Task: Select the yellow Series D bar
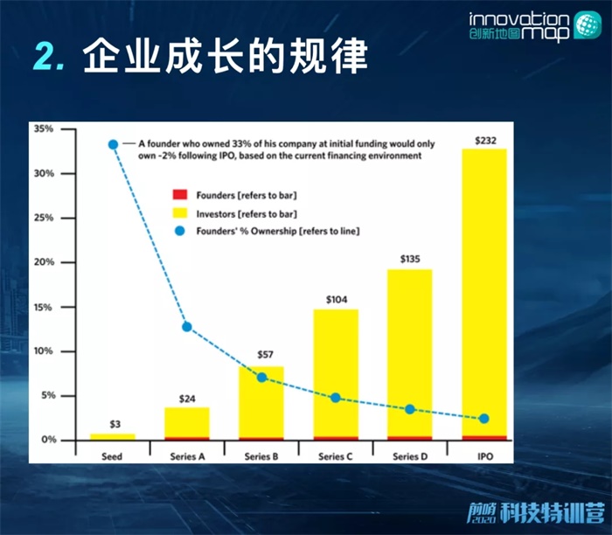coord(409,350)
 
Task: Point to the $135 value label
coord(409,259)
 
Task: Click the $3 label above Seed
coord(113,423)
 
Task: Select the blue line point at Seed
coord(113,144)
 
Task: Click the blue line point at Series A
coord(186,327)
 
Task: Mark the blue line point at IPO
coord(484,419)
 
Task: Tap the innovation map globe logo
coord(585,26)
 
